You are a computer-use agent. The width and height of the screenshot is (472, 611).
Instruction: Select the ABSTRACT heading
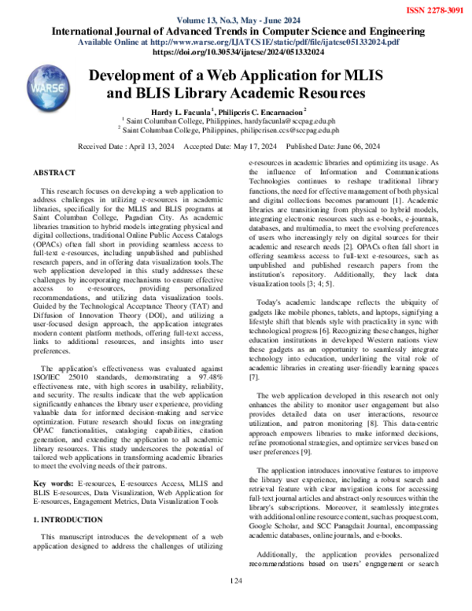point(54,172)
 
